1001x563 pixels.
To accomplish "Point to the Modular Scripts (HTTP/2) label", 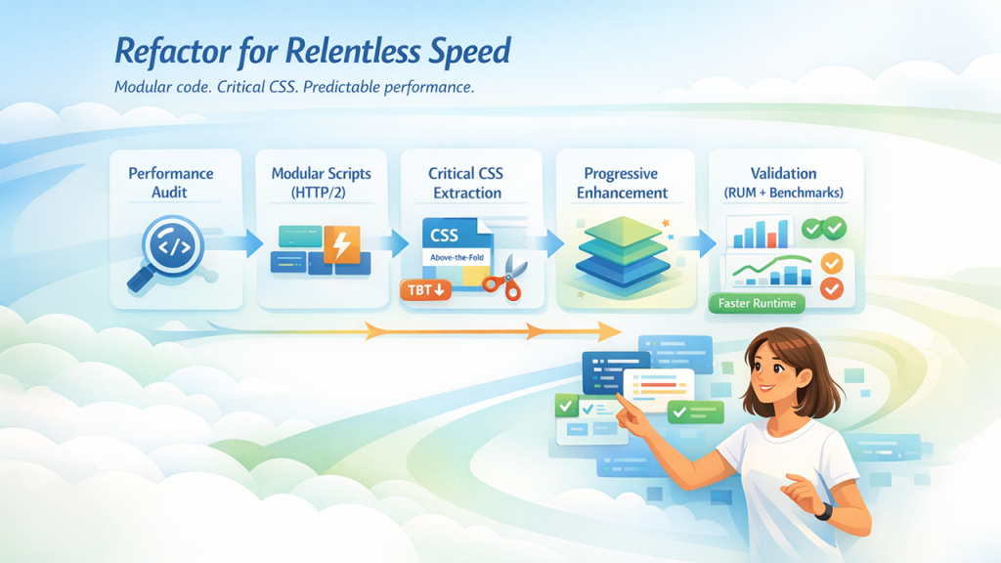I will click(x=321, y=183).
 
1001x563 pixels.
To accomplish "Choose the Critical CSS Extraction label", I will click(x=467, y=183).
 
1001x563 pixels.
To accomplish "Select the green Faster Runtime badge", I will click(x=756, y=303).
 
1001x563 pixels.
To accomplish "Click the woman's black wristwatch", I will click(x=824, y=510).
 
